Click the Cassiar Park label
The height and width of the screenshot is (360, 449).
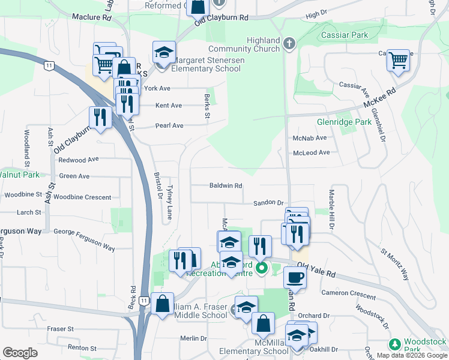pos(344,35)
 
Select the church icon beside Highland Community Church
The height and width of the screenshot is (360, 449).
pos(289,43)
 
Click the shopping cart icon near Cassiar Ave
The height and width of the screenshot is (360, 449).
pos(398,61)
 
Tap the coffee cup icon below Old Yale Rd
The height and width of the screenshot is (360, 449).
pos(294,277)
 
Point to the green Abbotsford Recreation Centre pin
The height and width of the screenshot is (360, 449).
pos(261,268)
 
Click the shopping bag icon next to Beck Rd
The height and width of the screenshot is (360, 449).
pos(162,304)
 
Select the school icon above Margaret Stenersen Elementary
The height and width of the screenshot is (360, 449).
pos(164,53)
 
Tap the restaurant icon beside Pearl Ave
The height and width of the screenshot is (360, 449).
pos(100,118)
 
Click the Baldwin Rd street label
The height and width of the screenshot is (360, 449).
pos(225,186)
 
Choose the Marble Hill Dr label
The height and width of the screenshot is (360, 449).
pos(330,209)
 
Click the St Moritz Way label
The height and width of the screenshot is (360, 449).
pos(395,265)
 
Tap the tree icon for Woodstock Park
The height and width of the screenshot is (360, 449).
pos(394,344)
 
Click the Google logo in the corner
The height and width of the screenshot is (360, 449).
pos(20,353)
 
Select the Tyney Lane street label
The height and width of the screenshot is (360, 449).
pos(170,202)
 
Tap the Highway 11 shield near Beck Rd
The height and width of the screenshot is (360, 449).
pos(143,301)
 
